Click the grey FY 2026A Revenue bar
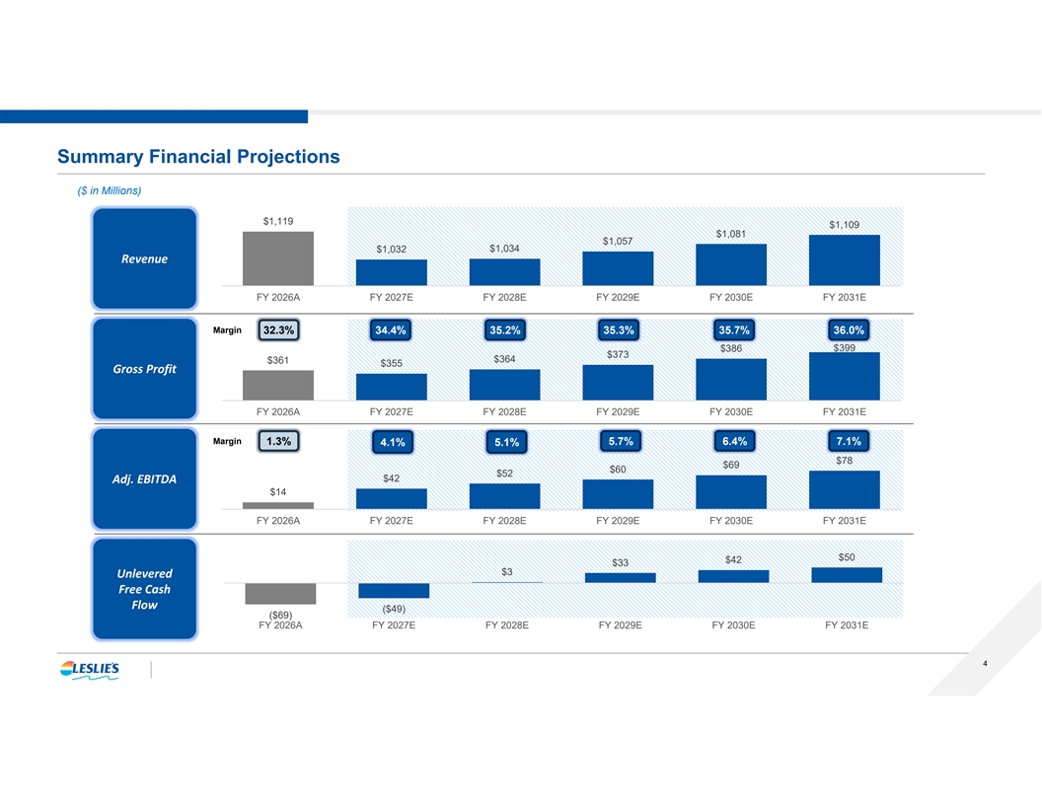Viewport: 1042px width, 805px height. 278,258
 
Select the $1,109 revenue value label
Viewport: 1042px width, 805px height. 844,225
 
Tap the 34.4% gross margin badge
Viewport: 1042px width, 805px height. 391,330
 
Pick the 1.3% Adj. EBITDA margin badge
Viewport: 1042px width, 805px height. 278,441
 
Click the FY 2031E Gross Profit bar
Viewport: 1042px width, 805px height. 844,376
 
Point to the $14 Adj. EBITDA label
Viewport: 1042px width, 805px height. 278,492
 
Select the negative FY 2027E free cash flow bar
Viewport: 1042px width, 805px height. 394,591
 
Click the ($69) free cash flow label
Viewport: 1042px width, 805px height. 280,615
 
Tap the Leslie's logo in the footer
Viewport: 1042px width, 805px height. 90,670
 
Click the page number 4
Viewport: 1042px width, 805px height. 985,664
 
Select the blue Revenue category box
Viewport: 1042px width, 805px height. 144,258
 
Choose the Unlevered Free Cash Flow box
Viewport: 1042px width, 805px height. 144,589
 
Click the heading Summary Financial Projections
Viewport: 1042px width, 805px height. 198,157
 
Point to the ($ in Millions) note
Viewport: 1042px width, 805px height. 109,190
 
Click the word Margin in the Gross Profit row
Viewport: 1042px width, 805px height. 227,330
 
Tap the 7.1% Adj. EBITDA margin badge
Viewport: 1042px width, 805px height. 848,441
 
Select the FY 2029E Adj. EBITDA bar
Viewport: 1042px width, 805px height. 618,494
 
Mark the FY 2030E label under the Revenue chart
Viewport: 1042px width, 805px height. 731,298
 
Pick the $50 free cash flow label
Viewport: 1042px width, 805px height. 847,557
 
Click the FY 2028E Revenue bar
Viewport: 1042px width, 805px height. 504,272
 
